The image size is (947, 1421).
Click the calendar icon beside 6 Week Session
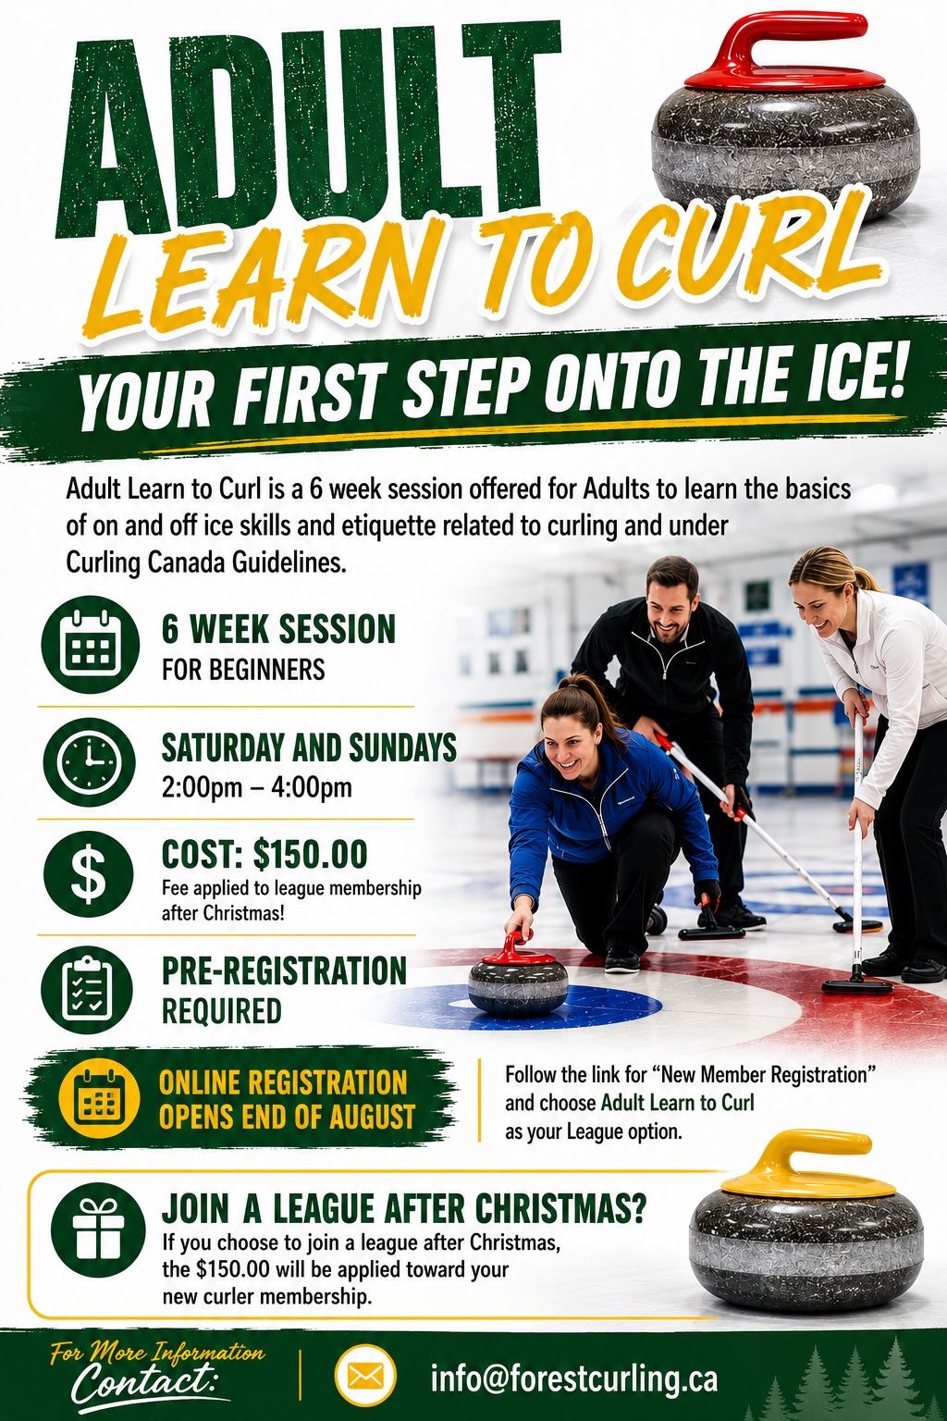90,645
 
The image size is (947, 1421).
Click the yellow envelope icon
366,1378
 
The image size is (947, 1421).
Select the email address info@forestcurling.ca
574,1378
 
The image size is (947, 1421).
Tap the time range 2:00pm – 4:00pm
256,788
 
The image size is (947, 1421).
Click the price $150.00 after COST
310,853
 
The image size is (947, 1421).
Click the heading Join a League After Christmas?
403,1209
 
